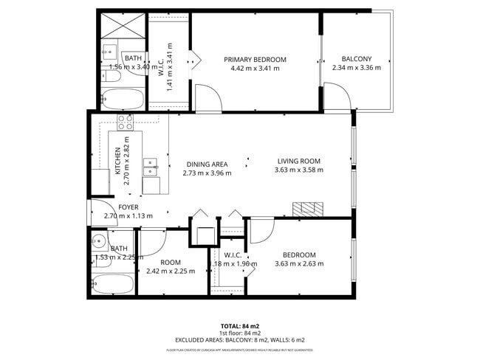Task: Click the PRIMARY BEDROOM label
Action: pos(255,60)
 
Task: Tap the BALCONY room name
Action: pos(356,60)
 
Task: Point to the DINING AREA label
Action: pos(207,165)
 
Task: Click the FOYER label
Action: pos(128,207)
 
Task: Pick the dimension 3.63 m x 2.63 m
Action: pos(299,263)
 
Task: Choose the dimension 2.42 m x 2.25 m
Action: pos(171,271)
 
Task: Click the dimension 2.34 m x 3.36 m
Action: pos(356,68)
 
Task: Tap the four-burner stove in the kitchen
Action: pos(123,122)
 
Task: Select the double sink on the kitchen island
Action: pos(151,167)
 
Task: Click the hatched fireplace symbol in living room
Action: pos(307,209)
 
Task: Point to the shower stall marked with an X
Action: pos(118,27)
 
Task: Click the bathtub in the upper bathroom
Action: pos(121,97)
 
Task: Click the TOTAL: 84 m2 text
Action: pos(240,325)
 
